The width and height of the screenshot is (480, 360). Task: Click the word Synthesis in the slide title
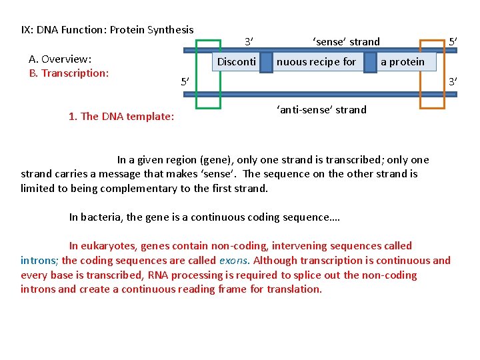coord(166,29)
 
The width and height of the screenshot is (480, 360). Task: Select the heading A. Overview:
coord(61,59)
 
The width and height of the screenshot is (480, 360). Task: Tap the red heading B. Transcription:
coord(69,73)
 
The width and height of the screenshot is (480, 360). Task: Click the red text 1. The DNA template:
coord(121,117)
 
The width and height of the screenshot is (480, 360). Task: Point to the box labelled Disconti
coord(236,62)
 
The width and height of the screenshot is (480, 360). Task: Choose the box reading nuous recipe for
coord(317,62)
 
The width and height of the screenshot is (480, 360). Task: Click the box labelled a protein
coord(403,62)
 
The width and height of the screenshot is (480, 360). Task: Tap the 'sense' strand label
coord(346,42)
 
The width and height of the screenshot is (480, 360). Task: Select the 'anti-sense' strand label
coord(321,109)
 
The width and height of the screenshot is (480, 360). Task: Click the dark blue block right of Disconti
coord(266,62)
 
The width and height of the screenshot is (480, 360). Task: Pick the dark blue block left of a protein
coord(370,62)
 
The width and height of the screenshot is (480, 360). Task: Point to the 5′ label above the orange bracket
coord(453,42)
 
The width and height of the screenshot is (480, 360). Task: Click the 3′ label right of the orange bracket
coord(453,81)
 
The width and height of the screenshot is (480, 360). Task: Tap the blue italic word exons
coord(233,261)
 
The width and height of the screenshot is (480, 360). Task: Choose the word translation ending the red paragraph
coord(294,289)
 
